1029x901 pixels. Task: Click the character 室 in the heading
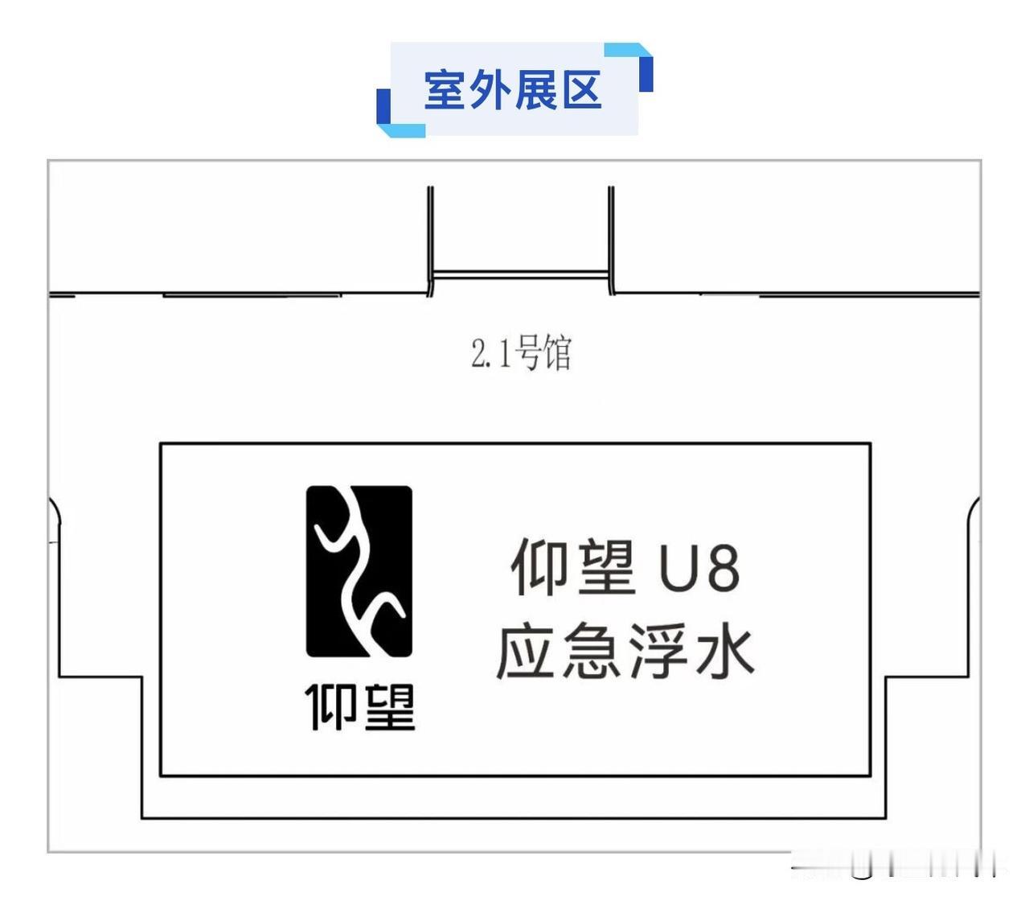point(446,89)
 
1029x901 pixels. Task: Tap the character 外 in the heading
point(491,89)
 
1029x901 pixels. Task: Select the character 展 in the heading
point(536,89)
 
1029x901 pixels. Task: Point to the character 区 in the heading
point(581,89)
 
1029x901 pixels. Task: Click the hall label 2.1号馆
point(521,353)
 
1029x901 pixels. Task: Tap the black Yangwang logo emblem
point(359,571)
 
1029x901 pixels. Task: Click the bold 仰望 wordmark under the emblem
point(359,708)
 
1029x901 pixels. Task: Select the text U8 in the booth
point(699,569)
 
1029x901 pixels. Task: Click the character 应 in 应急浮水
point(526,652)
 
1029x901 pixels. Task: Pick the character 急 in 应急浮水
point(592,652)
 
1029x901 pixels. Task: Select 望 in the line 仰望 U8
point(605,567)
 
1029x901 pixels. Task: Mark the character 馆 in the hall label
point(557,353)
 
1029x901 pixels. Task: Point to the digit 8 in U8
point(723,569)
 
